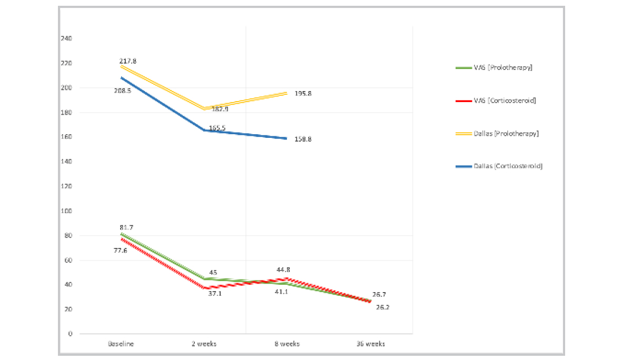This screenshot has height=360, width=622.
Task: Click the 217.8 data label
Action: point(128,61)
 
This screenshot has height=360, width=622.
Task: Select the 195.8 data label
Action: point(303,94)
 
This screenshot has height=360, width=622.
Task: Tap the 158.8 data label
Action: point(303,139)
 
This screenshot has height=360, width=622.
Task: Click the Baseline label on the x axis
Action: point(121,344)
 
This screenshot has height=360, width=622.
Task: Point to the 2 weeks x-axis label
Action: point(204,344)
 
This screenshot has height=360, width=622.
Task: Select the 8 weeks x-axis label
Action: point(287,344)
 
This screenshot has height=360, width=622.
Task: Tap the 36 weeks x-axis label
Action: point(370,344)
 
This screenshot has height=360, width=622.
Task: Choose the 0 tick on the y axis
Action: point(70,334)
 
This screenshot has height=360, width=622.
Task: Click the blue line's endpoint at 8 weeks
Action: point(287,138)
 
